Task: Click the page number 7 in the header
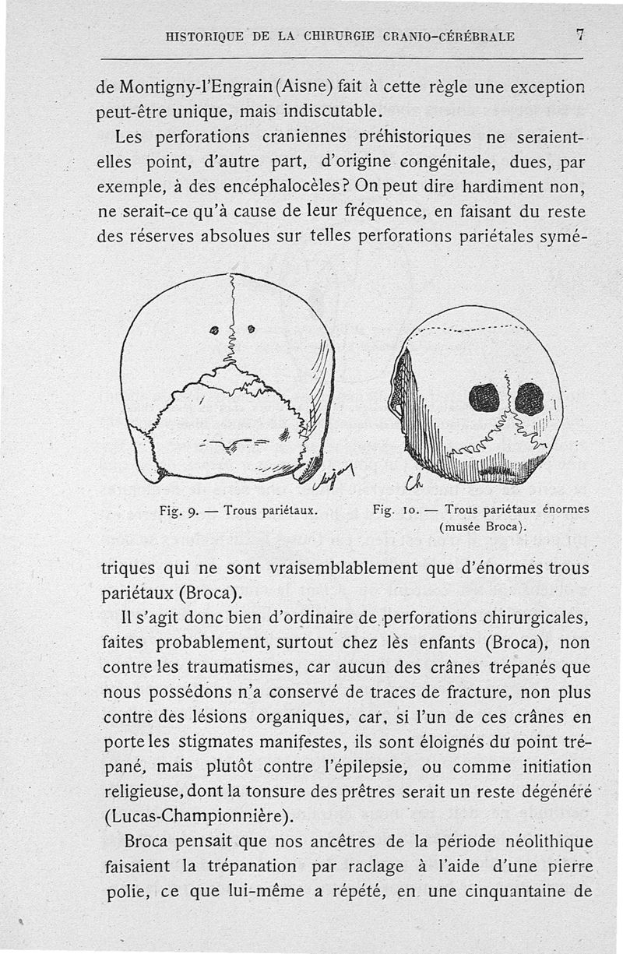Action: pyautogui.click(x=580, y=35)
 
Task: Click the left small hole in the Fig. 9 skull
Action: pyautogui.click(x=214, y=329)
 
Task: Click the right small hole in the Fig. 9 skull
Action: pyautogui.click(x=251, y=329)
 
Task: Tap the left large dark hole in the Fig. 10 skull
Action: pyautogui.click(x=484, y=399)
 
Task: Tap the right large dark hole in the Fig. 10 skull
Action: pyautogui.click(x=530, y=399)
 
